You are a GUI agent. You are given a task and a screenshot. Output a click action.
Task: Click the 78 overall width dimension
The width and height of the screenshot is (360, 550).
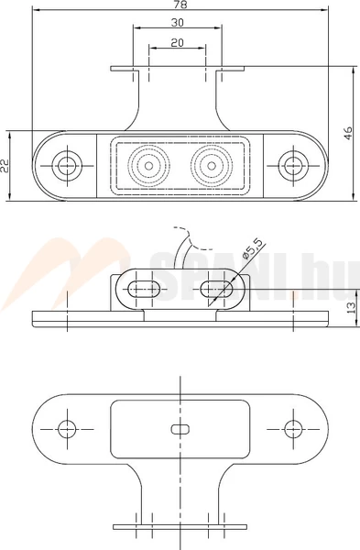point(180,5)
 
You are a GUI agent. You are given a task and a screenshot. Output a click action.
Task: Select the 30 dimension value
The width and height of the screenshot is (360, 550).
point(178,22)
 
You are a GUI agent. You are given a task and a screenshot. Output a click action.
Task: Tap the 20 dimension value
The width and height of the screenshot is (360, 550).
point(178,42)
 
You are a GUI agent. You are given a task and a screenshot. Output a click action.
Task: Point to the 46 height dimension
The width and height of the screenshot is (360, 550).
point(348,133)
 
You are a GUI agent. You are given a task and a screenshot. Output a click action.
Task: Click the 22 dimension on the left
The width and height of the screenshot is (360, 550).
point(5,166)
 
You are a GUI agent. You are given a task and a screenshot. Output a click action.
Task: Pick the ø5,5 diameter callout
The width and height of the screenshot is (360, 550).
point(252,249)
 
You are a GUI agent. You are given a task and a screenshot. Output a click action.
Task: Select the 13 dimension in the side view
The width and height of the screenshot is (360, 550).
point(351,307)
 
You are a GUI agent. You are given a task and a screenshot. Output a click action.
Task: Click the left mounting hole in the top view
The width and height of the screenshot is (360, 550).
point(67,165)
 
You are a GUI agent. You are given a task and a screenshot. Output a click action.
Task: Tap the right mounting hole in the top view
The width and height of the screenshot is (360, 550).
point(293,165)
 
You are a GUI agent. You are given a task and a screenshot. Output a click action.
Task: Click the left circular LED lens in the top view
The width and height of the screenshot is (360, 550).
point(148,165)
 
